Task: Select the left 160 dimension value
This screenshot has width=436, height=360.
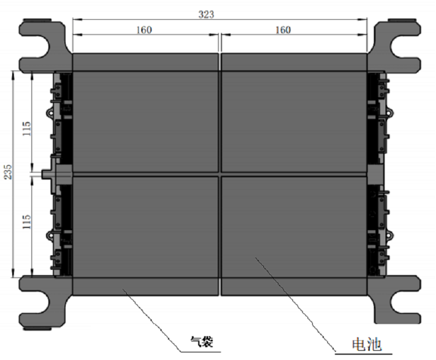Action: (144, 30)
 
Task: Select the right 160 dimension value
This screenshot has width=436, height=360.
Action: (283, 30)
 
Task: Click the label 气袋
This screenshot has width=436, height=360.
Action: (202, 343)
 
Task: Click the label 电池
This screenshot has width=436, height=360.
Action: (366, 344)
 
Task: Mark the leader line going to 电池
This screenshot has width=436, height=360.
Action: (296, 305)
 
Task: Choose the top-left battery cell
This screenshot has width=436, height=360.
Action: (145, 122)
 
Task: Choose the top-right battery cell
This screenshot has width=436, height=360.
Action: (294, 122)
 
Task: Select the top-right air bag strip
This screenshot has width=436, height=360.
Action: (294, 62)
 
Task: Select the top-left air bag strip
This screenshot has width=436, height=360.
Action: (145, 62)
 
